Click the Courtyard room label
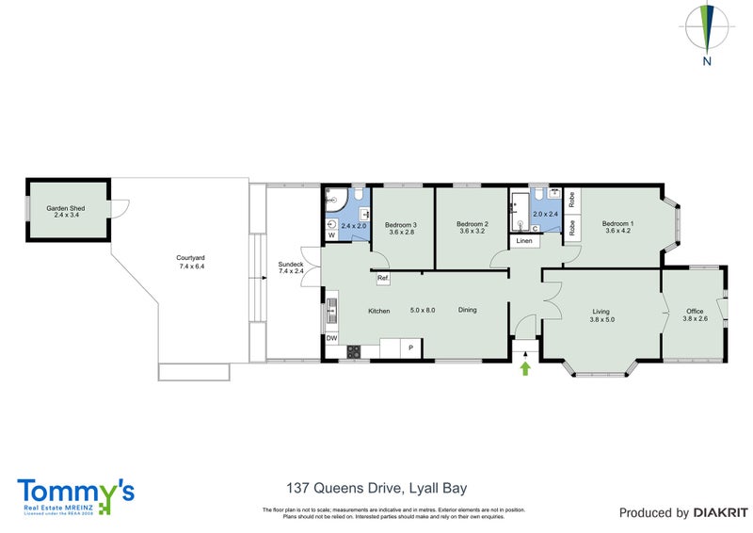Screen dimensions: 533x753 point(190,262)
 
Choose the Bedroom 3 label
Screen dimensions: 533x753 point(401,228)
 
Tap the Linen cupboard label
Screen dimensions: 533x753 point(524,241)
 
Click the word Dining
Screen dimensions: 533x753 point(469,310)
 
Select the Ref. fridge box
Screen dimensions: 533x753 point(383,279)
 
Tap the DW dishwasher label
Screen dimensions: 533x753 point(331,338)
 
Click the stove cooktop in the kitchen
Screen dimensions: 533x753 point(355,352)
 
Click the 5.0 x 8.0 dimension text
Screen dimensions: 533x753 point(422,310)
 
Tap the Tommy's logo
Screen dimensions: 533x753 point(75,494)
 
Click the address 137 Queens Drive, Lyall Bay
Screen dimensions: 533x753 point(376,488)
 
